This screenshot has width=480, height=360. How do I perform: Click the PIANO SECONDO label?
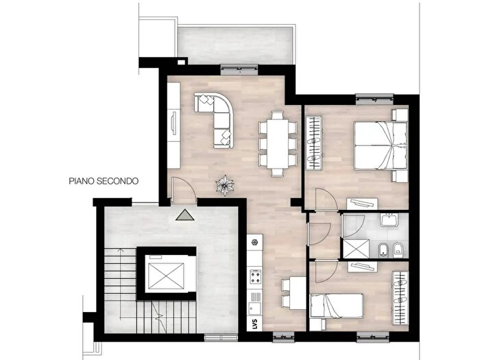(104, 181)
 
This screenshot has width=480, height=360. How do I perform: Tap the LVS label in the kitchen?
(255, 324)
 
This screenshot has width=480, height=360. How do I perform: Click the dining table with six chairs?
(278, 143)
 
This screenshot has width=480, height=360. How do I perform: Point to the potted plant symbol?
(225, 186)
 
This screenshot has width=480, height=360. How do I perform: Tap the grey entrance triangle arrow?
(185, 215)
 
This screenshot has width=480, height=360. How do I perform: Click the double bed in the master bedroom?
(381, 145)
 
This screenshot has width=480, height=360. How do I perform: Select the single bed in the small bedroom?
(337, 306)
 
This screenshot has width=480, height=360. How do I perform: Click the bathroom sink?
(389, 220)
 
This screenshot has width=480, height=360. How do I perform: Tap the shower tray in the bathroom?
(356, 248)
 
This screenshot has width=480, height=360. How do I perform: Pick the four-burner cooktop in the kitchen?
(256, 276)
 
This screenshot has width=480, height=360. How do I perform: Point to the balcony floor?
(235, 46)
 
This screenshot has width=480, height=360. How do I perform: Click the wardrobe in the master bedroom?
(314, 143)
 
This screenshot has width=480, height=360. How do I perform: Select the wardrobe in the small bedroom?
(400, 298)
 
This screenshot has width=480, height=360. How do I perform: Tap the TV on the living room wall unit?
(174, 123)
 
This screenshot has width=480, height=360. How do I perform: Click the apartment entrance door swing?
(184, 190)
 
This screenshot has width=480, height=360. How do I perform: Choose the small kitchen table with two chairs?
(293, 293)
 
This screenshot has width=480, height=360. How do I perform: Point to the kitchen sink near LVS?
(254, 309)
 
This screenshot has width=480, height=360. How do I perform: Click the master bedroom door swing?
(326, 199)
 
